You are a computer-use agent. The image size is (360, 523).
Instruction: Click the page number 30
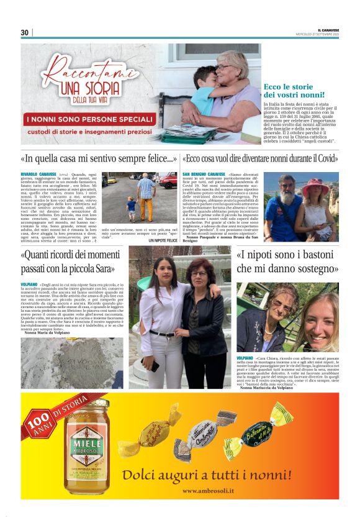tap(25, 32)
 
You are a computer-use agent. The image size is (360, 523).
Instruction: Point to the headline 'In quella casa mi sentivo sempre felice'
tap(99, 158)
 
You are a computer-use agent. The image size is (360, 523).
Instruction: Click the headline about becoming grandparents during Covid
tap(260, 158)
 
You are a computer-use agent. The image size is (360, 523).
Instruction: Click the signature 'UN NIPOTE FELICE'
tap(163, 240)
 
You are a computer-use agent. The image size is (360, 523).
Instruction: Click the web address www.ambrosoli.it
tap(207, 490)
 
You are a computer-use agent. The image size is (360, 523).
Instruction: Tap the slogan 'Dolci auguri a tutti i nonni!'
tap(207, 475)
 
